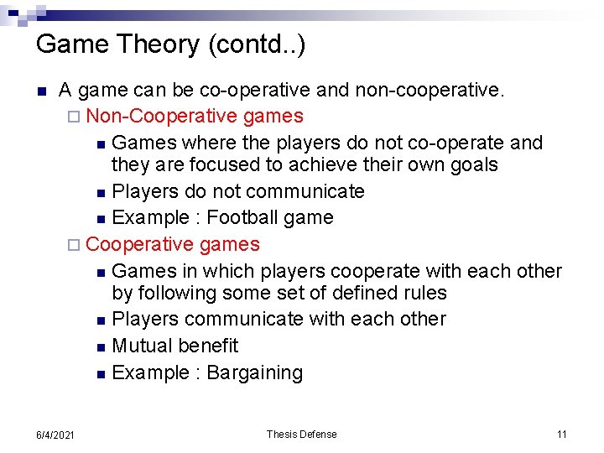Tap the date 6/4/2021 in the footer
point(56,435)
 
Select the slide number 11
point(561,434)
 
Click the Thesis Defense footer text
point(301,434)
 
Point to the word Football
point(240,217)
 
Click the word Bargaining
point(254,372)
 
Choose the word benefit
point(209,346)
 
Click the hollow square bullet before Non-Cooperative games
point(76,116)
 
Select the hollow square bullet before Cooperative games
point(76,245)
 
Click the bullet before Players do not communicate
point(101,193)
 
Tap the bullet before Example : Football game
point(101,219)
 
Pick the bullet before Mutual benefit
point(101,347)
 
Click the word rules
point(424,293)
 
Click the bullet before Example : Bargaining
point(101,374)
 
